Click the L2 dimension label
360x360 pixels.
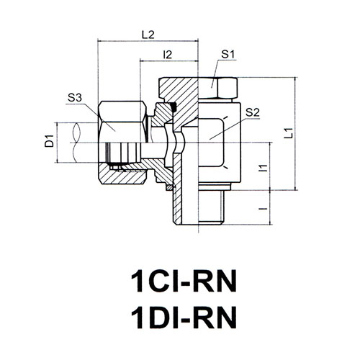[148, 35]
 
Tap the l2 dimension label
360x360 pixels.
[167, 55]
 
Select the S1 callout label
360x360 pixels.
[228, 55]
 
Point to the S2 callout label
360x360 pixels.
[253, 112]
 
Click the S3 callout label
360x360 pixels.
[75, 98]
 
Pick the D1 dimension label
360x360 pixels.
[50, 141]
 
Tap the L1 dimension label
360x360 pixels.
[289, 133]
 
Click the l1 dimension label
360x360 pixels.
[264, 168]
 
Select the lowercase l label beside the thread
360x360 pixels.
[264, 208]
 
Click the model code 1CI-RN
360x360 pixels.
[184, 281]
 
